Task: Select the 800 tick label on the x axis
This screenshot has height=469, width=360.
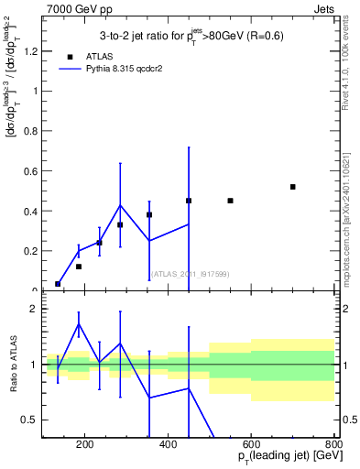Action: [333, 446]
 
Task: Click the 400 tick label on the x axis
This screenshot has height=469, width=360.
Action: [168, 446]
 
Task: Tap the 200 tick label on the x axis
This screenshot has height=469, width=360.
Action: [85, 446]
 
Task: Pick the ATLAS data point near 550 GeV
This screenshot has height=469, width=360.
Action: [230, 201]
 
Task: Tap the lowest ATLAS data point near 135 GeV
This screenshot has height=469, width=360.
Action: [58, 284]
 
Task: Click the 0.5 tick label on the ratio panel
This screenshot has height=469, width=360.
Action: [29, 420]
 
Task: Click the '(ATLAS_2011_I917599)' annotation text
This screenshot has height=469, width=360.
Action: [189, 274]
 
